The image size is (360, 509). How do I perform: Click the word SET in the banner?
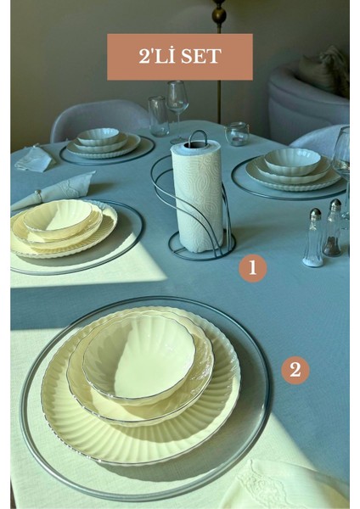(201, 56)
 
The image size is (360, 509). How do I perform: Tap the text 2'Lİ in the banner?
(157, 56)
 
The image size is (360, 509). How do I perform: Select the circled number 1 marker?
(253, 268)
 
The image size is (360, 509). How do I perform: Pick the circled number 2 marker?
(295, 370)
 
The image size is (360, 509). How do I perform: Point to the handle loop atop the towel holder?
(197, 137)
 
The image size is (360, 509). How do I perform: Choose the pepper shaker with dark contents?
(332, 228)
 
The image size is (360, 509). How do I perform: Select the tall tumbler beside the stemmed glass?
(158, 116)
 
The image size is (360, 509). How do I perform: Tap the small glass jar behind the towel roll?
(237, 134)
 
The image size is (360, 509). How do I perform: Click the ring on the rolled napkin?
(39, 195)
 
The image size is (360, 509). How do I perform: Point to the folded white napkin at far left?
(33, 159)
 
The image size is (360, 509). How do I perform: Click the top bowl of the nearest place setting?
(139, 356)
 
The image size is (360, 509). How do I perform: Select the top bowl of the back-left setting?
(98, 137)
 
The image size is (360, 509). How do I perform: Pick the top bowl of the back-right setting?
(292, 161)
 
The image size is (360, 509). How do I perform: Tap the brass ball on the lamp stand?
(219, 15)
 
